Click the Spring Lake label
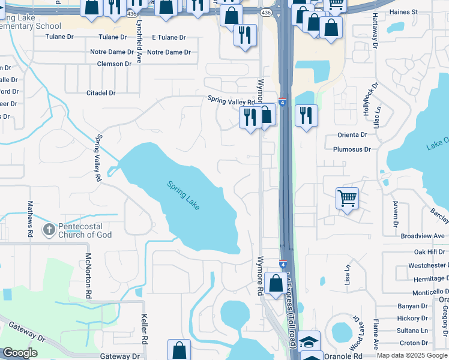tap(183, 195)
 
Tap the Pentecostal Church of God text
tap(85, 230)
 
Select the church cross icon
tap(49, 229)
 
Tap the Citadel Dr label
tap(101, 93)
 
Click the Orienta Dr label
tap(352, 135)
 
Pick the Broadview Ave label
tap(423, 236)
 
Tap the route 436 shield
tap(266, 13)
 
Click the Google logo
tap(20, 353)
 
